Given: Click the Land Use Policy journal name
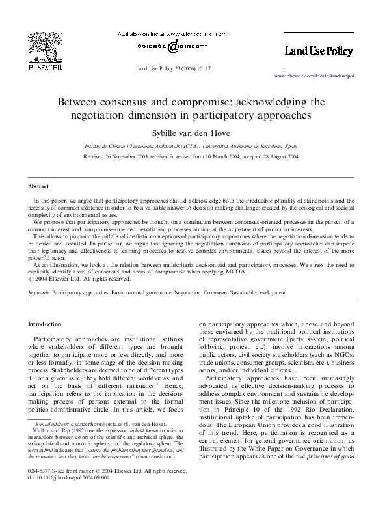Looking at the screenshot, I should pos(319,50).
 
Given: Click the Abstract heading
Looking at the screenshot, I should pos(38,186).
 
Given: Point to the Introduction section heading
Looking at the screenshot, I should pos(44,324).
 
